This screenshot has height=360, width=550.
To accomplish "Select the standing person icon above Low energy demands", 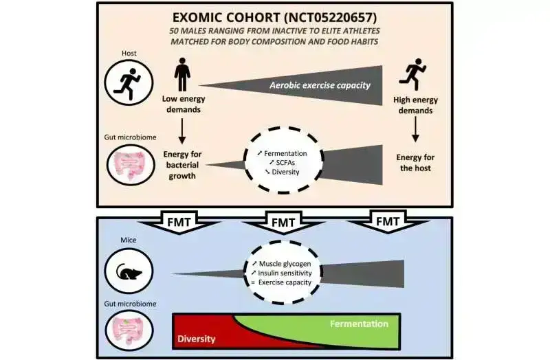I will [182, 74].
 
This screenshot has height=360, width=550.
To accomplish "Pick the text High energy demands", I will [415, 104].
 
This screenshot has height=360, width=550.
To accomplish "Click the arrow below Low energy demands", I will [182, 129].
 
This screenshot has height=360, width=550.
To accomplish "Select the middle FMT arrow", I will [282, 223].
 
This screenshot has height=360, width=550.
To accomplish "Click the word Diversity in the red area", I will [196, 339].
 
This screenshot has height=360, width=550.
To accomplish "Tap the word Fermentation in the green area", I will [359, 323].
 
